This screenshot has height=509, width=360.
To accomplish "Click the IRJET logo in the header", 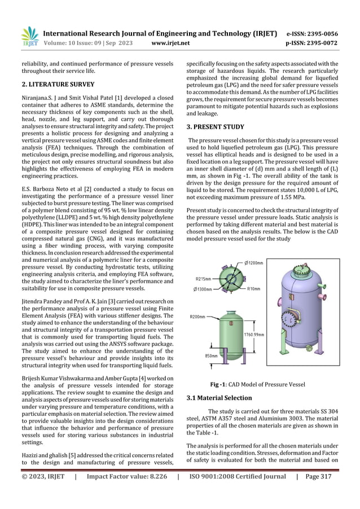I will pos(29,37).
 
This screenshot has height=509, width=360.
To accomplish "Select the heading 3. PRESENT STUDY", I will pos(216,127).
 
